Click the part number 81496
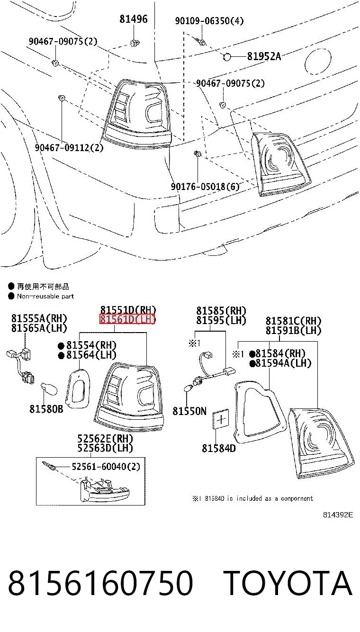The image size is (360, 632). (134, 19)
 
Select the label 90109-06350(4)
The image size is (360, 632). (209, 20)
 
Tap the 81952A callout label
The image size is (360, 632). (264, 56)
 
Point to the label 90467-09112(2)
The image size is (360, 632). (69, 147)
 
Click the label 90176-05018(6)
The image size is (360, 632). (205, 187)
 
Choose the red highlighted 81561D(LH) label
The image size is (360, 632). (127, 319)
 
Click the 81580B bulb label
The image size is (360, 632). (46, 409)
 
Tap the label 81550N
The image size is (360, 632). (189, 411)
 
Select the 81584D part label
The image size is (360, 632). (219, 448)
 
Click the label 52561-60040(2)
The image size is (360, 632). (106, 466)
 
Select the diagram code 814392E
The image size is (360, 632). (338, 515)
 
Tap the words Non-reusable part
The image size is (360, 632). (45, 296)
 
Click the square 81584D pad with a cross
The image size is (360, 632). (221, 419)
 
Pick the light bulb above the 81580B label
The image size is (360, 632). (49, 389)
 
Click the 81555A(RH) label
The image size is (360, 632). (39, 318)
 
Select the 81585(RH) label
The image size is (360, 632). (221, 311)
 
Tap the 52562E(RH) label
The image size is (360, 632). (105, 438)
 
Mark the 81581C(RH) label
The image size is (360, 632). (293, 321)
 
